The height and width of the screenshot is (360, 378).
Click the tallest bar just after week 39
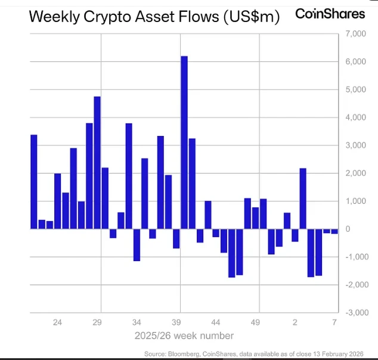(x=184, y=142)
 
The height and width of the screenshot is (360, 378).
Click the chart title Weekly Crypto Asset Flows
(x=154, y=17)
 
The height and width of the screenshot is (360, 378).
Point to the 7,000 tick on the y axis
(x=357, y=35)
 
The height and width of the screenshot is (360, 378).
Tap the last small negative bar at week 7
(x=334, y=231)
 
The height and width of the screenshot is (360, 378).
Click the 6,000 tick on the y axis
(x=357, y=63)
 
